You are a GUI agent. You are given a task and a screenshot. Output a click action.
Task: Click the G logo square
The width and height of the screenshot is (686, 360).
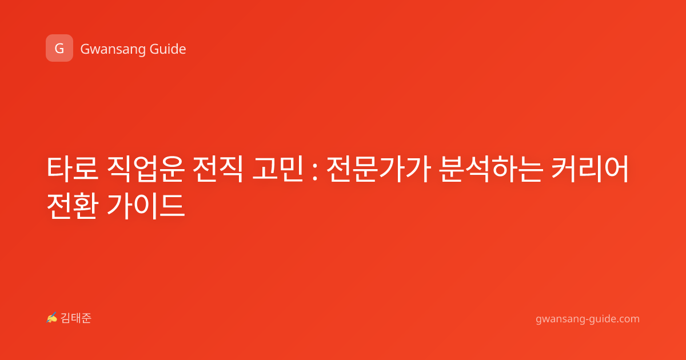pos(59,48)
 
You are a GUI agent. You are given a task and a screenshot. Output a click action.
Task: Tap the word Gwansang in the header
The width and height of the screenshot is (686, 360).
pos(113,50)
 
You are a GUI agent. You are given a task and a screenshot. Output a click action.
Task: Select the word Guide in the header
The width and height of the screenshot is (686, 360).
pos(168,49)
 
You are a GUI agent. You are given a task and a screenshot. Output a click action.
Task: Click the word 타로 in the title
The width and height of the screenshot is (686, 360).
pos(72,169)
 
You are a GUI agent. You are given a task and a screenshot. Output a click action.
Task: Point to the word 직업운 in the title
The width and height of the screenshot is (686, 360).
pos(146,169)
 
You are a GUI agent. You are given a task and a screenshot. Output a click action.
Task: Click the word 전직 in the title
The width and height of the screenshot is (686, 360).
pos(217,169)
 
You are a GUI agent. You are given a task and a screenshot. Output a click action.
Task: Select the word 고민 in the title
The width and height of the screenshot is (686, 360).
pos(277,169)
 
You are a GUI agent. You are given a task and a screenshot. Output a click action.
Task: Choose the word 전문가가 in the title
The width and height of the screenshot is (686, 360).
pos(378,169)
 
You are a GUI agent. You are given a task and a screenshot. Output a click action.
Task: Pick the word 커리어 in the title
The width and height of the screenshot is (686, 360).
pos(590,169)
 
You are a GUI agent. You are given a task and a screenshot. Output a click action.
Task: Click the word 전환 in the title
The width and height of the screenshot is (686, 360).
pos(72,205)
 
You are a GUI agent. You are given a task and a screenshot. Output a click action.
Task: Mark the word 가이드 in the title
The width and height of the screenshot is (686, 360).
pos(146,206)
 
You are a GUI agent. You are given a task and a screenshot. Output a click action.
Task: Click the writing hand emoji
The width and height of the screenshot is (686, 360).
pos(51,318)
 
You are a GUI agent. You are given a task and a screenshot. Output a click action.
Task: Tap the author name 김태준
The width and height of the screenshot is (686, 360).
pos(76,318)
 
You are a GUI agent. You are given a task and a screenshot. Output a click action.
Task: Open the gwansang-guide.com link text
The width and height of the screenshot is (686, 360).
pos(588,319)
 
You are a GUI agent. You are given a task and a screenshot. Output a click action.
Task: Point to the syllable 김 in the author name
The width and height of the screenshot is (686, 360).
pos(66,318)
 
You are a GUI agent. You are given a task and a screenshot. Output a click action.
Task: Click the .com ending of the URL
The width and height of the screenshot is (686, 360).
pos(628,319)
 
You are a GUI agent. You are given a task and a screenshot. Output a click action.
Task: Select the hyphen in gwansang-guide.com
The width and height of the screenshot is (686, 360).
pos(587,320)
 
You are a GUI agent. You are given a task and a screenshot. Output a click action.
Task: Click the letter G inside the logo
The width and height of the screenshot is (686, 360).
pos(59,49)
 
